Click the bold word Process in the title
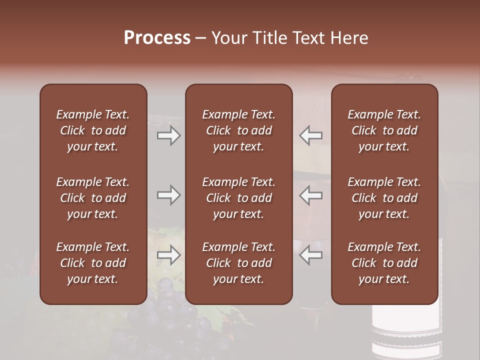[x=157, y=38]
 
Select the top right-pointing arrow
[x=169, y=135]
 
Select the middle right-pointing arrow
[x=169, y=195]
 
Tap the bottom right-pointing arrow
[x=169, y=255]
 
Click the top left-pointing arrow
[x=311, y=135]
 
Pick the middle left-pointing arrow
[x=311, y=195]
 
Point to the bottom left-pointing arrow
[x=311, y=255]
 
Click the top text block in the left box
[x=93, y=130]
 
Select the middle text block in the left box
[x=93, y=198]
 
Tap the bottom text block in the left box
[x=93, y=263]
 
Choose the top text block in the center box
[x=238, y=130]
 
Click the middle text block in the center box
[x=238, y=198]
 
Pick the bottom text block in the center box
[x=238, y=263]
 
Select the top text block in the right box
[x=384, y=130]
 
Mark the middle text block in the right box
[x=384, y=198]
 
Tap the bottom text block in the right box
[x=384, y=263]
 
